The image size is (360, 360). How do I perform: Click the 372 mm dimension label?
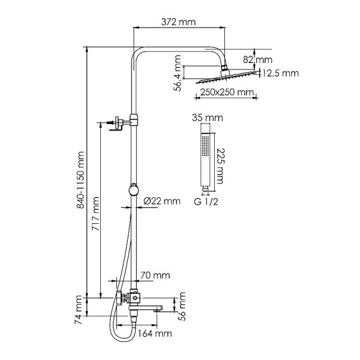pyautogui.click(x=179, y=22)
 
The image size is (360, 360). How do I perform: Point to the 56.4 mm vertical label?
pyautogui.click(x=178, y=72)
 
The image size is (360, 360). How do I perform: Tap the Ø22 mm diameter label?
pyautogui.click(x=162, y=201)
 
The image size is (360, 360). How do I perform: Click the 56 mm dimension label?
pyautogui.click(x=185, y=305)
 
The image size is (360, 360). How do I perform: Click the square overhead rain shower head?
pyautogui.click(x=226, y=76)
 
